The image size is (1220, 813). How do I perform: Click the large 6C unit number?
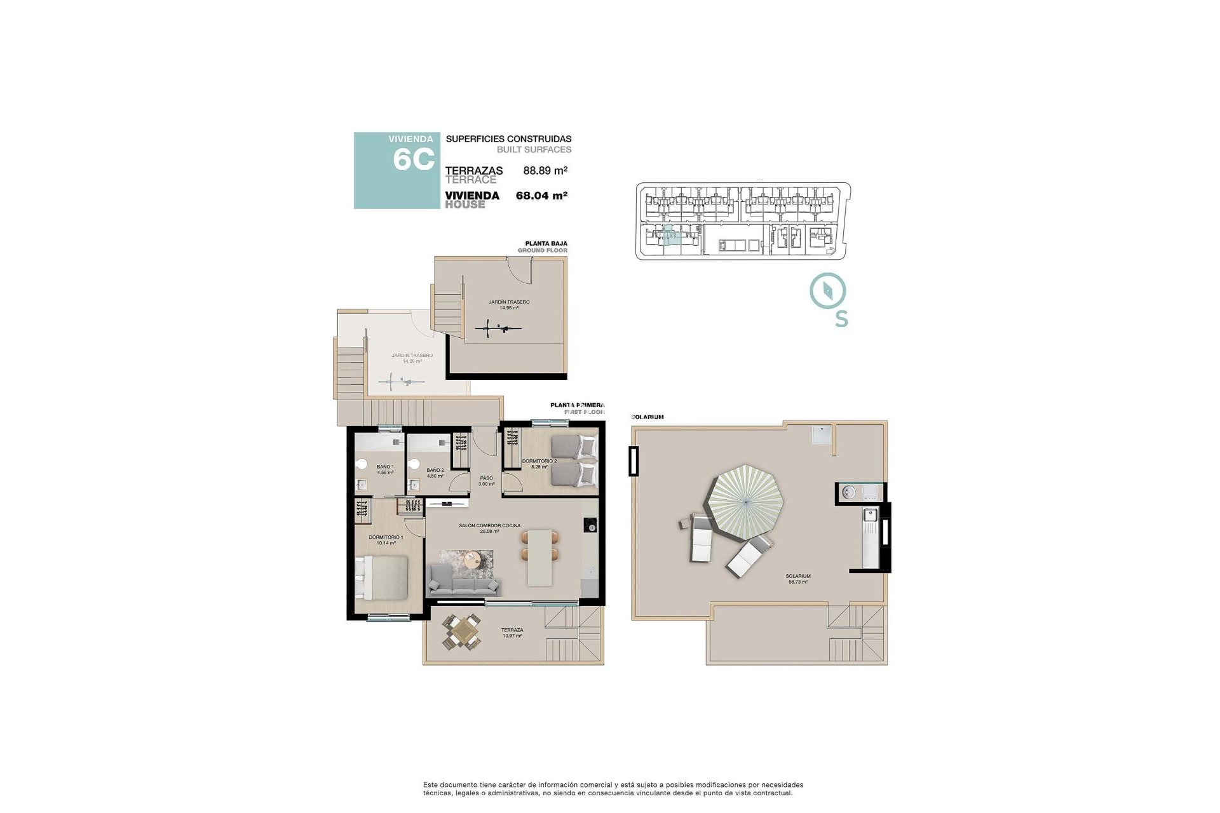tap(414, 159)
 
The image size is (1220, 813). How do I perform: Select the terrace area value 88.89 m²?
tap(545, 170)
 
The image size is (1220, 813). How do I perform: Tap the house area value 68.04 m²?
tap(541, 196)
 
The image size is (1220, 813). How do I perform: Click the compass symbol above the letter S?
tap(827, 291)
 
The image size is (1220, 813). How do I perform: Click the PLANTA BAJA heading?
tap(546, 243)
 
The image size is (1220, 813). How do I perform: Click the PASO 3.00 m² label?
tap(486, 481)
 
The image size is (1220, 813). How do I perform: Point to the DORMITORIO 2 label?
tap(539, 461)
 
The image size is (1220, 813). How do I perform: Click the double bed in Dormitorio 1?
tap(381, 577)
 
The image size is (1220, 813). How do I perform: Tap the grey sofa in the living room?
tap(463, 581)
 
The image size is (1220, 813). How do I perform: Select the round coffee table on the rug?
tap(473, 560)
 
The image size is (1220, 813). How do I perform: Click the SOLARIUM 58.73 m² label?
tap(799, 579)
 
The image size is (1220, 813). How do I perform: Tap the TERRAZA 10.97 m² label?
tap(512, 633)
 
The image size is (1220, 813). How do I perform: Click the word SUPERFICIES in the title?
tap(475, 138)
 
